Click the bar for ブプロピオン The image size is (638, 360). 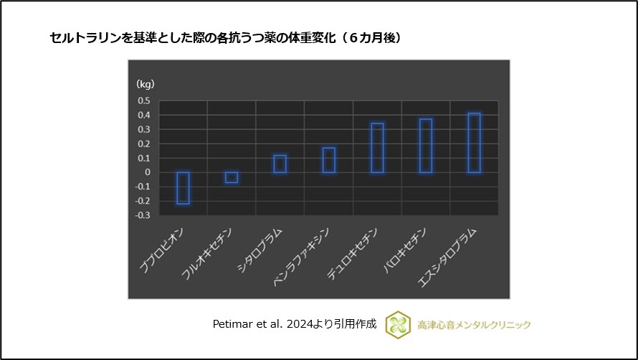click(x=184, y=188)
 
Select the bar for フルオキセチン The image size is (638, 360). click(x=232, y=177)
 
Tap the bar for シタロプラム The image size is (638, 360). click(x=280, y=164)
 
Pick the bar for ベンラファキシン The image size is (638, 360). click(x=328, y=160)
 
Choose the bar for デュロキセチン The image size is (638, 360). click(x=377, y=148)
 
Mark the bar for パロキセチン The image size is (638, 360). click(x=426, y=146)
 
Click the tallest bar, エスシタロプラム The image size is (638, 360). click(x=474, y=143)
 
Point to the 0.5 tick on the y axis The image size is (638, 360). click(x=143, y=100)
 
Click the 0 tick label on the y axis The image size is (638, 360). click(x=147, y=172)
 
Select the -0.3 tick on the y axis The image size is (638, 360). click(x=143, y=215)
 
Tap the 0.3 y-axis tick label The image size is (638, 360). click(x=143, y=129)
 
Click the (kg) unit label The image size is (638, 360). click(x=145, y=84)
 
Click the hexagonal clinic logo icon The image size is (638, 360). click(x=398, y=324)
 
